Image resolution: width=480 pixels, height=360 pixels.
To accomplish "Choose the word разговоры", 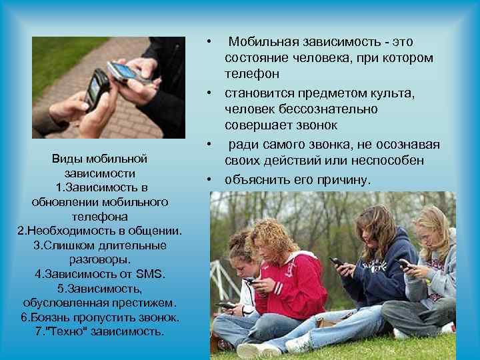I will (100, 259).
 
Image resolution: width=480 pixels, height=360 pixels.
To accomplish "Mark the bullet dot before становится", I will (209, 92).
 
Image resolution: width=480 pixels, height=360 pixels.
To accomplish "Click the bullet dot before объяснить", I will (209, 179).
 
